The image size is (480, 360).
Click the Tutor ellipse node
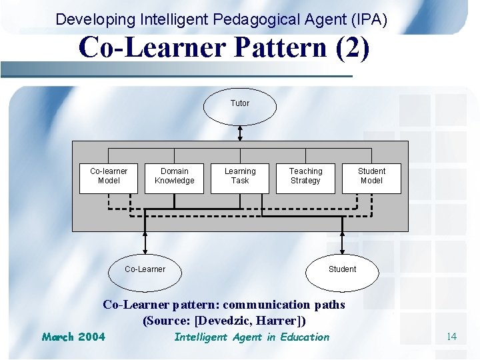point(240,105)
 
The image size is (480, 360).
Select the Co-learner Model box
point(108,178)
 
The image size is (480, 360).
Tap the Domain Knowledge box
point(174,178)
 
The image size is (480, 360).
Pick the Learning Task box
point(240,178)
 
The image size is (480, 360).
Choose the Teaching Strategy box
point(305,178)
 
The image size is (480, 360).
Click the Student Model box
point(371,178)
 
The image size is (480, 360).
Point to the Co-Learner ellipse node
point(145,269)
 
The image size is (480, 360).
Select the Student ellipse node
point(342,270)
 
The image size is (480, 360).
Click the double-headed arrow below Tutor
point(240,133)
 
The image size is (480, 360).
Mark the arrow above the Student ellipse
point(342,241)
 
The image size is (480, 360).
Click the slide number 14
point(451,337)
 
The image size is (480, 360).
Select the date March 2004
point(73,337)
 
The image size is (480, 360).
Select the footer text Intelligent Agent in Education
point(251,337)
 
